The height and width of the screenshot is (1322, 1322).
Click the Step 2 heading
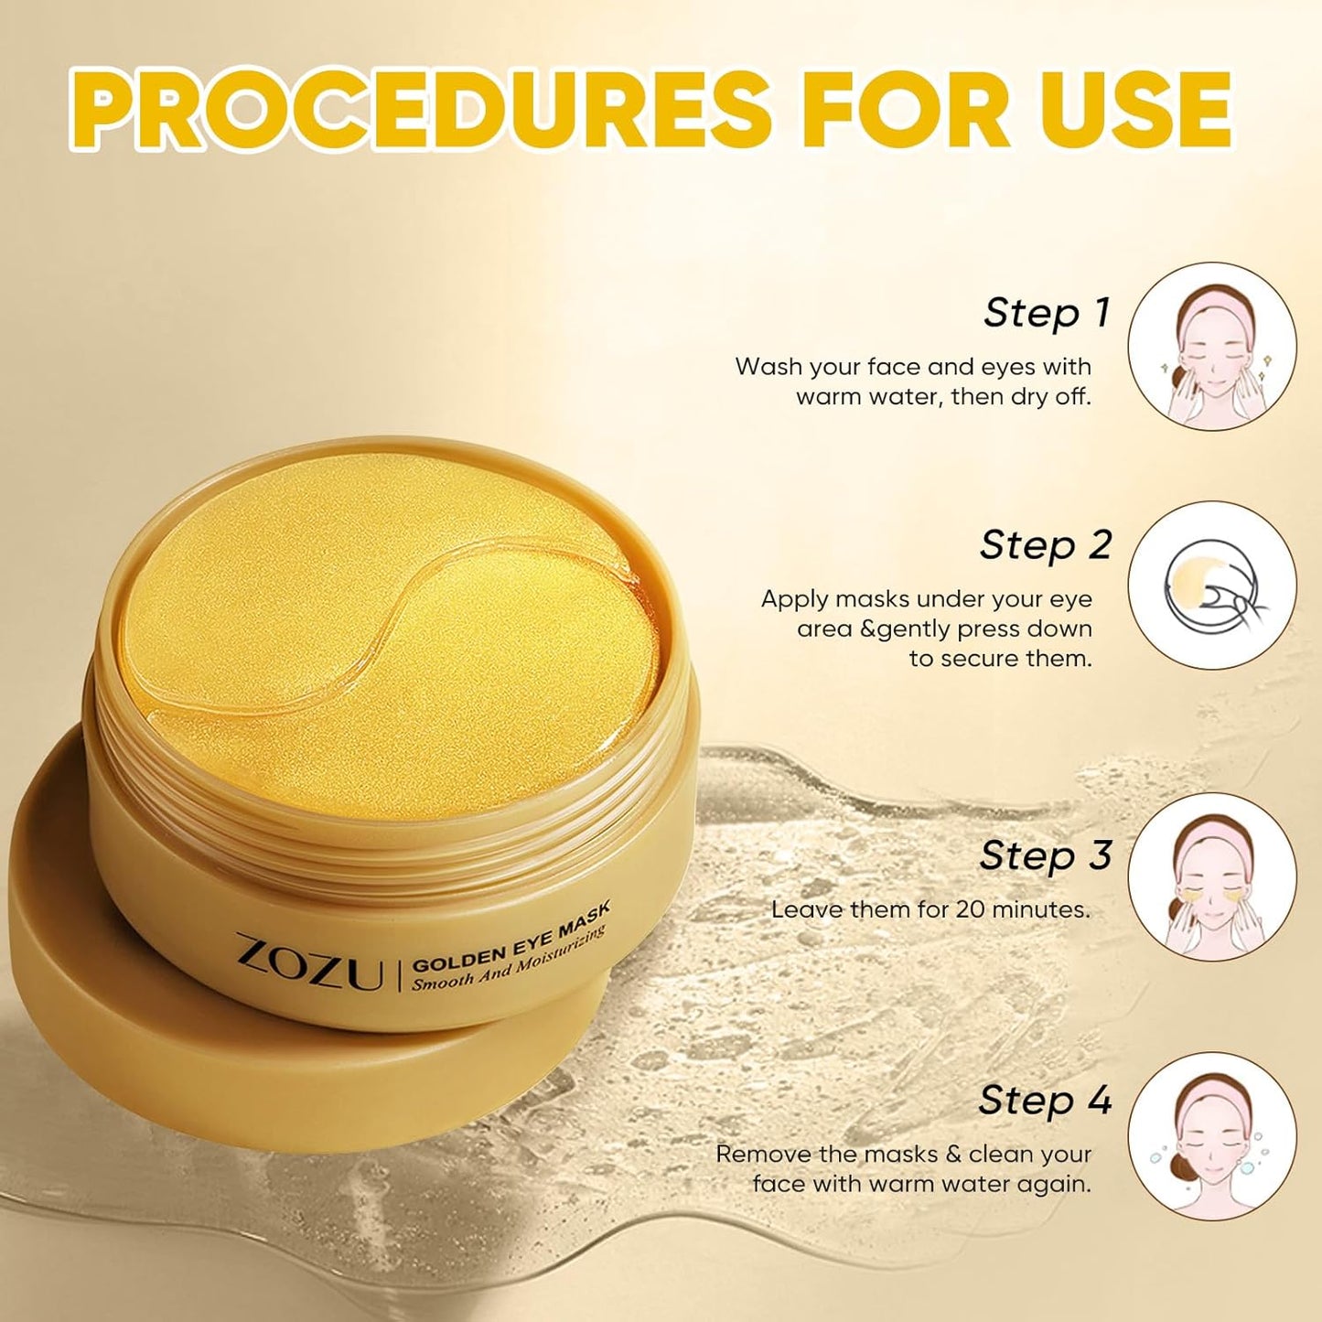tap(1045, 545)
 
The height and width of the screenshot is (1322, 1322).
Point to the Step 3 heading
tap(1045, 856)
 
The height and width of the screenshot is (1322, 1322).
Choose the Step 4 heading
tap(1045, 1100)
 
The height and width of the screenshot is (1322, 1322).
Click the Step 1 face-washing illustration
tap(1211, 347)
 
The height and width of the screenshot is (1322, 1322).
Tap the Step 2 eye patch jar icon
tap(1211, 585)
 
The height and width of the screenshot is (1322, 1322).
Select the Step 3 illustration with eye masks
tap(1211, 876)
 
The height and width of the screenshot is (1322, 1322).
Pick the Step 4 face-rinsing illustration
tap(1211, 1136)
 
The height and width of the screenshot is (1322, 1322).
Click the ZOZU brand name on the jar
tap(309, 962)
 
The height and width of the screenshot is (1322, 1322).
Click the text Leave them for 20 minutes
tap(930, 909)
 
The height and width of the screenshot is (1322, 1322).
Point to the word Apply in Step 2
tap(794, 599)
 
